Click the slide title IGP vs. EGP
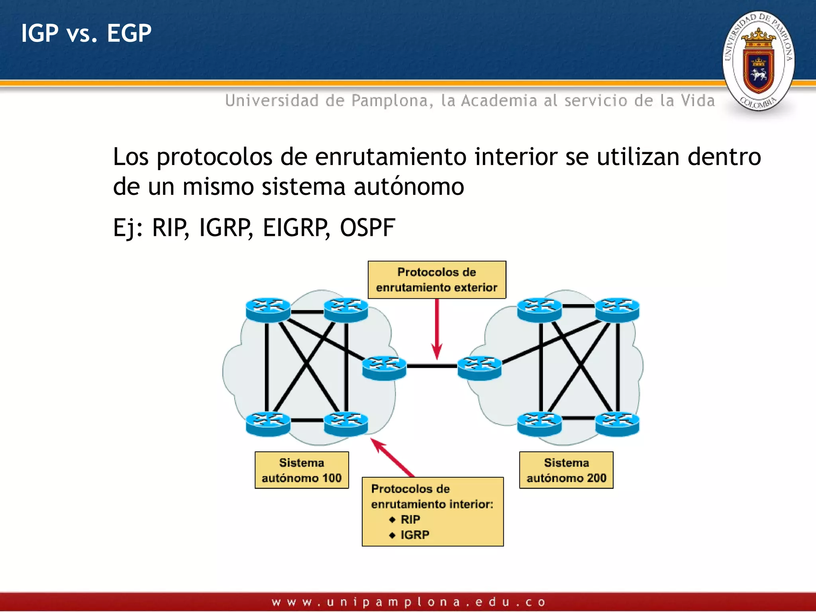coord(86,33)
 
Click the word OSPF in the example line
coord(367,228)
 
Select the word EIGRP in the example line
coord(296,228)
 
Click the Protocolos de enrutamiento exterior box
coord(437,280)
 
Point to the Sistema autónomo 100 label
coord(302,470)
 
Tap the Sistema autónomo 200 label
coord(566,470)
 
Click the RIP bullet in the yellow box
coord(410,520)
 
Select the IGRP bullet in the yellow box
coord(414,535)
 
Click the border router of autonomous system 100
coord(384,368)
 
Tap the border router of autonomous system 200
coord(479,368)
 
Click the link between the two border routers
coord(432,366)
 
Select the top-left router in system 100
coord(268,310)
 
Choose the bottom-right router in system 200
coord(617,423)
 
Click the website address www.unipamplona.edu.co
coord(408,602)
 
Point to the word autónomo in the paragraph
coord(409,186)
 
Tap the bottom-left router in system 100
coord(268,423)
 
